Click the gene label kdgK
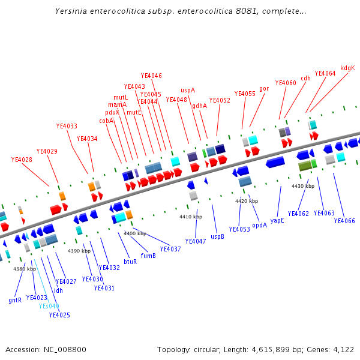[347, 68]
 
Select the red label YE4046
[151, 76]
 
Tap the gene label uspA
[188, 90]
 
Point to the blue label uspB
[217, 236]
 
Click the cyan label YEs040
[49, 306]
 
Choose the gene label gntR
[15, 300]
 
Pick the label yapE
[277, 221]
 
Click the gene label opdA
[259, 225]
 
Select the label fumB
[148, 256]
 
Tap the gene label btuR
[130, 261]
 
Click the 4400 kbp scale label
[135, 233]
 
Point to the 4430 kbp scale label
[303, 187]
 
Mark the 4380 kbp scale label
[25, 269]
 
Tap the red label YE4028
[22, 160]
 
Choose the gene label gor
[264, 88]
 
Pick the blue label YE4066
[344, 221]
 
